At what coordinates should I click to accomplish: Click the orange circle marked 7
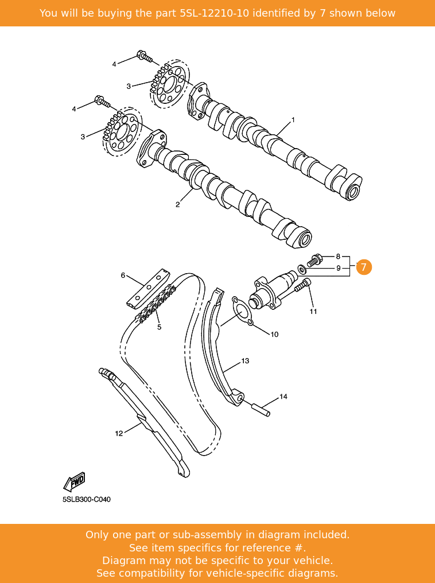(364, 267)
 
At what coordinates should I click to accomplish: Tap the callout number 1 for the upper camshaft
(293, 120)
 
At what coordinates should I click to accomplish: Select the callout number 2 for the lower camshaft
(177, 204)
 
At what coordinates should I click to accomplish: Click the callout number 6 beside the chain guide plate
(123, 275)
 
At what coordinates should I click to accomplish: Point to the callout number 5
(159, 327)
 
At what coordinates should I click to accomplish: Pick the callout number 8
(338, 256)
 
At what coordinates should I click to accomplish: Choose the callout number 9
(338, 268)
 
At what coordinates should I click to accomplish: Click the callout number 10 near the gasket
(274, 334)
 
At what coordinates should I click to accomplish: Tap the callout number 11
(313, 312)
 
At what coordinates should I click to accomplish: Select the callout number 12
(119, 433)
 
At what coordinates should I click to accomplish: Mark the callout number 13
(245, 361)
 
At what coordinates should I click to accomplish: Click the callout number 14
(283, 397)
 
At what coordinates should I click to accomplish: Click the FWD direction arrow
(75, 481)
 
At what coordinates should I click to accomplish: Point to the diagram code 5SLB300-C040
(87, 499)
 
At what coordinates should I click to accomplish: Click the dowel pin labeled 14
(261, 410)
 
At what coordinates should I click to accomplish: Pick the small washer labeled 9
(302, 269)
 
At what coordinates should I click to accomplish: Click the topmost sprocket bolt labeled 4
(144, 57)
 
